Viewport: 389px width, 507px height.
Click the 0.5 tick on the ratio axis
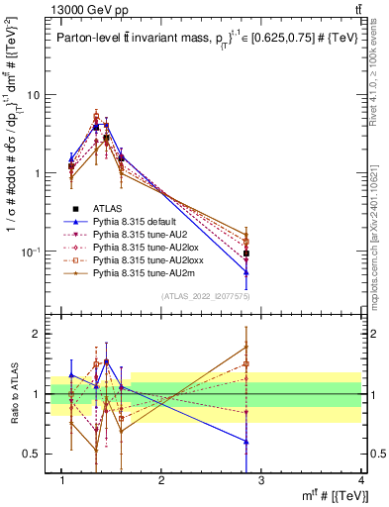pyautogui.click(x=37, y=454)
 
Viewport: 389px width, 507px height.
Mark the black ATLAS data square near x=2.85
pyautogui.click(x=246, y=253)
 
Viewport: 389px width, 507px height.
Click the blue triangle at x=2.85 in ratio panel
pyautogui.click(x=246, y=442)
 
